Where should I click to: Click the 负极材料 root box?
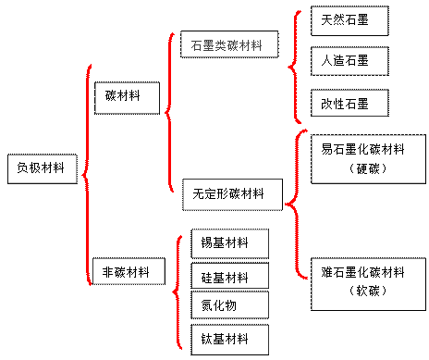coord(42,168)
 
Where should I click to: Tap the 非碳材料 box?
coord(128,270)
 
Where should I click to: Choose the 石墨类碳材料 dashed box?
coord(227,44)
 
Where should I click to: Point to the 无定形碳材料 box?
coord(230,194)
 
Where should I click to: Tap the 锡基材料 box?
coord(229,243)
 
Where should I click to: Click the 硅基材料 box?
coord(229,276)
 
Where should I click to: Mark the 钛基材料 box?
coord(229,337)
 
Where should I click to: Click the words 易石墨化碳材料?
coord(362,151)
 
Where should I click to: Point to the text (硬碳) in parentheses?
coord(362,169)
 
